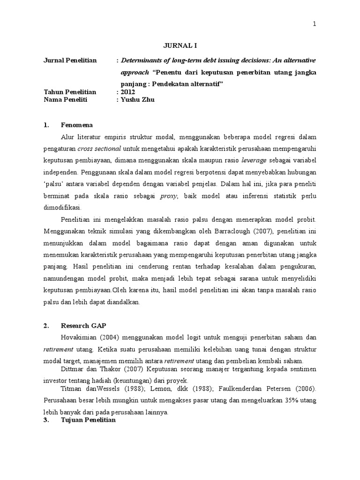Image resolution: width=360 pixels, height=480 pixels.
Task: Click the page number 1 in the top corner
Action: (x=315, y=24)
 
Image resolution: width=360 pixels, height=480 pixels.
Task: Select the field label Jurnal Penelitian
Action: (x=70, y=60)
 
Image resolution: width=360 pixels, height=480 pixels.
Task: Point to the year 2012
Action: (x=127, y=91)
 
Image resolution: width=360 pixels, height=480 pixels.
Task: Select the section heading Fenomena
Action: (x=77, y=125)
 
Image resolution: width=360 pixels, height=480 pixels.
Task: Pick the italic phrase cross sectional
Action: (x=99, y=149)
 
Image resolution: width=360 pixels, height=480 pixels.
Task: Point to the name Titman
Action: (x=71, y=389)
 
